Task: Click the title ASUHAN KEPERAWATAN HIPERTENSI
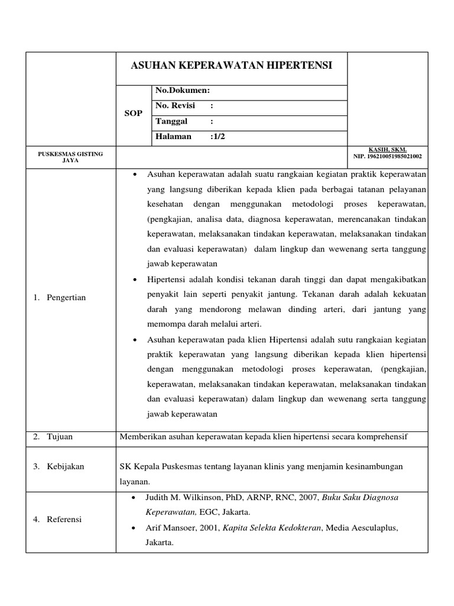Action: (231, 65)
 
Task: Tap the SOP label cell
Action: (133, 113)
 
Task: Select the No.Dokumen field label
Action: (183, 91)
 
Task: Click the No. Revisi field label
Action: (176, 105)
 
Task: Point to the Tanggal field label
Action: (171, 121)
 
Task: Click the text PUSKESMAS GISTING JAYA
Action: (70, 157)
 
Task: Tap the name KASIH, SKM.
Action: (388, 150)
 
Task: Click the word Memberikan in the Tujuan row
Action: (142, 437)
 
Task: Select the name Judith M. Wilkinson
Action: (180, 497)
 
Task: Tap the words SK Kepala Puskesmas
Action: (155, 466)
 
